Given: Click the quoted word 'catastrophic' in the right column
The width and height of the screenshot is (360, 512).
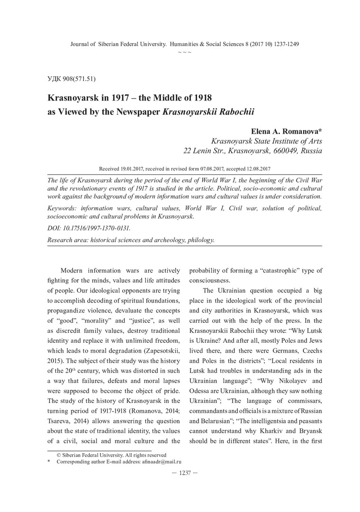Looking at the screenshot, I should pos(266,271).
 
